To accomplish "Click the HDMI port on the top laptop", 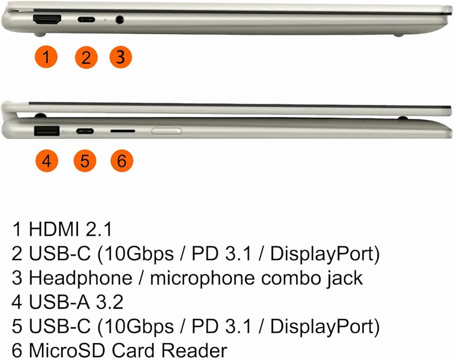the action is pos(47,20).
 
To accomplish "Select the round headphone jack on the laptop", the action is pos(120,20).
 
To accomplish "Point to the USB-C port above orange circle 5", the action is pos(85,132).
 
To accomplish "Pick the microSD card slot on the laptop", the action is pos(123,131).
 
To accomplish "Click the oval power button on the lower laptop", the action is pos(167,131).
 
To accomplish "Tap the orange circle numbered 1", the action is pos(46,58).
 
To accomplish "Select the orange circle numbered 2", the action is pos(86,58).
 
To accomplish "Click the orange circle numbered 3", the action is pos(120,58).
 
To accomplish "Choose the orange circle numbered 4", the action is pos(46,161).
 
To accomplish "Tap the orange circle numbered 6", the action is pos(122,161).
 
